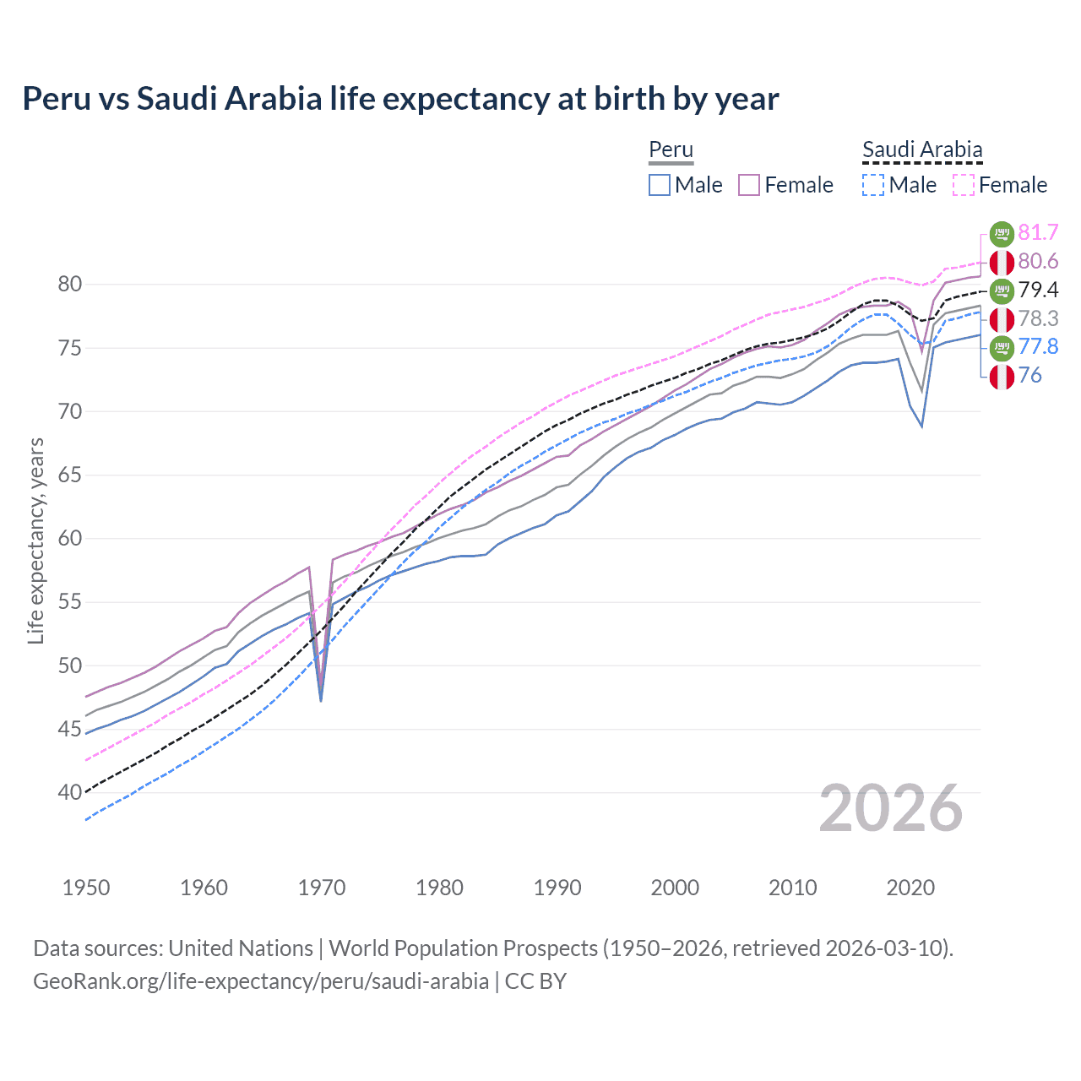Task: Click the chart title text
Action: (x=400, y=99)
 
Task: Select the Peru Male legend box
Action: (x=660, y=185)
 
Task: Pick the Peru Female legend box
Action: (x=750, y=185)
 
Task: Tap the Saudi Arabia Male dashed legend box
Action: (x=873, y=185)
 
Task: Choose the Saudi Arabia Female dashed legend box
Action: (x=964, y=185)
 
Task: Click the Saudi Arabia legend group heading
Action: (x=922, y=150)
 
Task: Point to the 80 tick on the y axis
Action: (x=70, y=285)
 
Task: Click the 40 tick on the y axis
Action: (x=70, y=793)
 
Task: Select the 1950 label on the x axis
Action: (x=86, y=888)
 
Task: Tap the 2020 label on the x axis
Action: (x=910, y=888)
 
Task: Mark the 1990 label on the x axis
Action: (x=557, y=888)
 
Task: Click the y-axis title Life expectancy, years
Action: (x=36, y=540)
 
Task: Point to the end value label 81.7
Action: (x=1038, y=232)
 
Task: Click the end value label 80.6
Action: (x=1038, y=261)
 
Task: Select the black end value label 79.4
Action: (x=1038, y=290)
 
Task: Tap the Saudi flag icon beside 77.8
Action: (x=1002, y=347)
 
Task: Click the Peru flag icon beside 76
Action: (x=1002, y=377)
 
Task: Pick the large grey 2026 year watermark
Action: (x=891, y=808)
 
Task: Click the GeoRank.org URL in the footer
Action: (x=261, y=981)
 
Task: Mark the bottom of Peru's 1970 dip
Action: (x=321, y=699)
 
